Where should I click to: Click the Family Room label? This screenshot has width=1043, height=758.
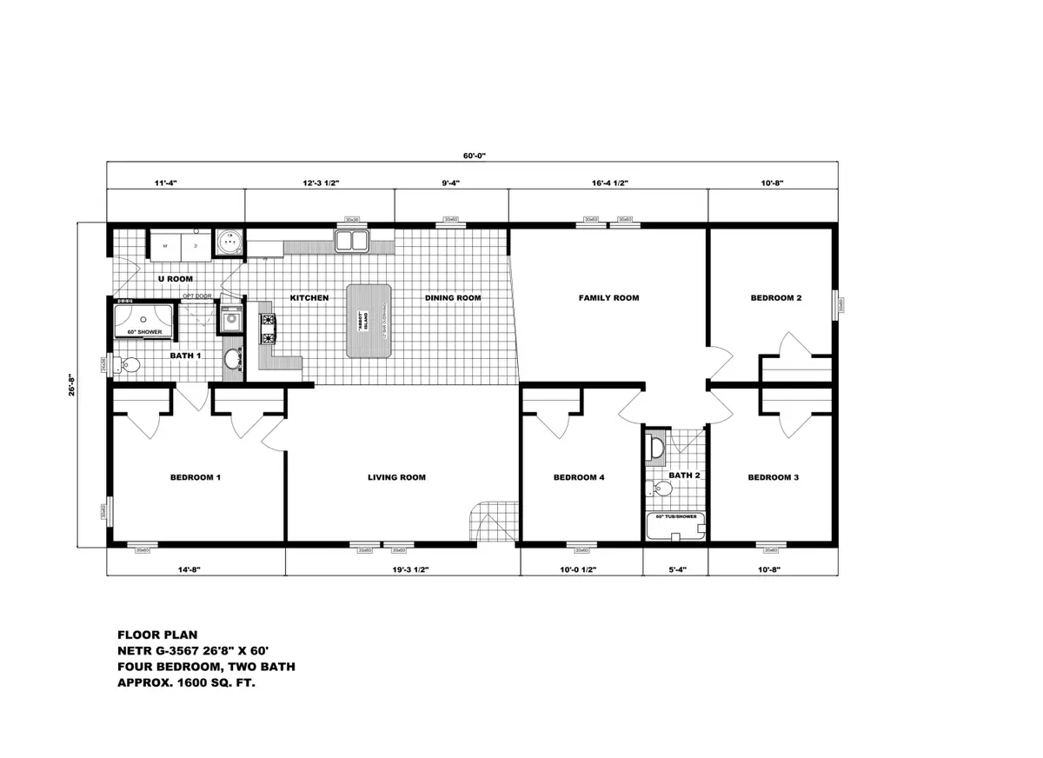pos(608,298)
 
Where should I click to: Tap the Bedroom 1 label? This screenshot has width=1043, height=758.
pos(195,477)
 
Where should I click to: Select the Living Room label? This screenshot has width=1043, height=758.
pos(395,477)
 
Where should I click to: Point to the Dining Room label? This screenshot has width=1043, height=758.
pos(453,298)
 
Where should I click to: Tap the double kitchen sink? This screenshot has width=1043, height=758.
pos(352,240)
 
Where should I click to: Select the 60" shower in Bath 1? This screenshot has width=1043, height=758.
pos(144,320)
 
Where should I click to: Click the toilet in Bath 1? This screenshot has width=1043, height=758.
pos(128,366)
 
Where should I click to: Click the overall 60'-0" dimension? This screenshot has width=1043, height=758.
pos(473,156)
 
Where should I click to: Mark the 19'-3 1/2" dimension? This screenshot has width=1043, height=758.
pos(402,570)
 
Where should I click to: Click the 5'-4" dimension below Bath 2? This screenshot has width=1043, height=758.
pos(674,570)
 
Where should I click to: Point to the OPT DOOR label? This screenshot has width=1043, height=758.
pos(196,296)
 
